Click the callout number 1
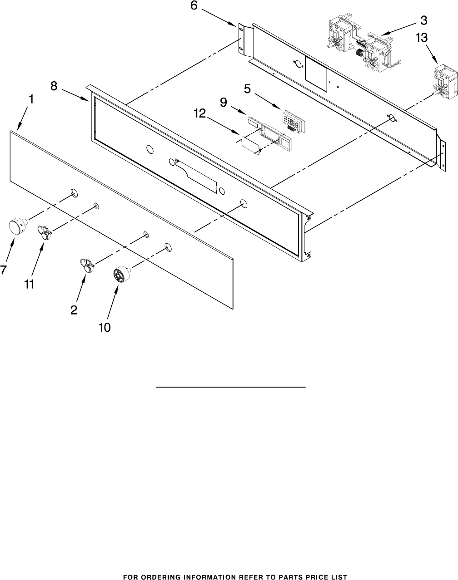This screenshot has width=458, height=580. pyautogui.click(x=30, y=98)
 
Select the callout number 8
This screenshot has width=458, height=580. pyautogui.click(x=54, y=86)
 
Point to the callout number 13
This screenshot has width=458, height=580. pyautogui.click(x=421, y=39)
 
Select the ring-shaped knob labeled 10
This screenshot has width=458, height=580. pyautogui.click(x=120, y=275)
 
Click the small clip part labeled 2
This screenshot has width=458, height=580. pyautogui.click(x=87, y=265)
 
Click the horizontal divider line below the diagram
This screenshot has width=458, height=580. pyautogui.click(x=230, y=387)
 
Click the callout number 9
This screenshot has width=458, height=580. pyautogui.click(x=224, y=103)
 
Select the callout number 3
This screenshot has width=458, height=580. pyautogui.click(x=423, y=20)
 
